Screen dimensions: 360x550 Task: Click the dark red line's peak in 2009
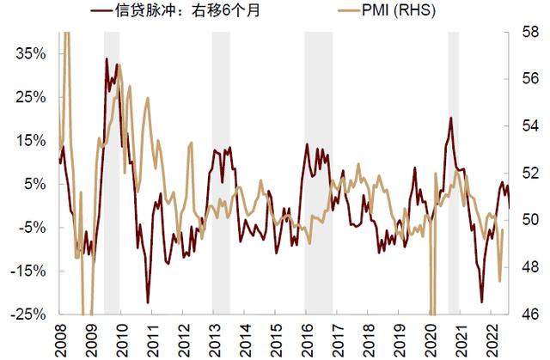(106, 59)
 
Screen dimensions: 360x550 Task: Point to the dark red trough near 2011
(148, 302)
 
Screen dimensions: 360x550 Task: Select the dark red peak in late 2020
(450, 118)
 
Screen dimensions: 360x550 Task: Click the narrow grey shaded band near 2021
(453, 172)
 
